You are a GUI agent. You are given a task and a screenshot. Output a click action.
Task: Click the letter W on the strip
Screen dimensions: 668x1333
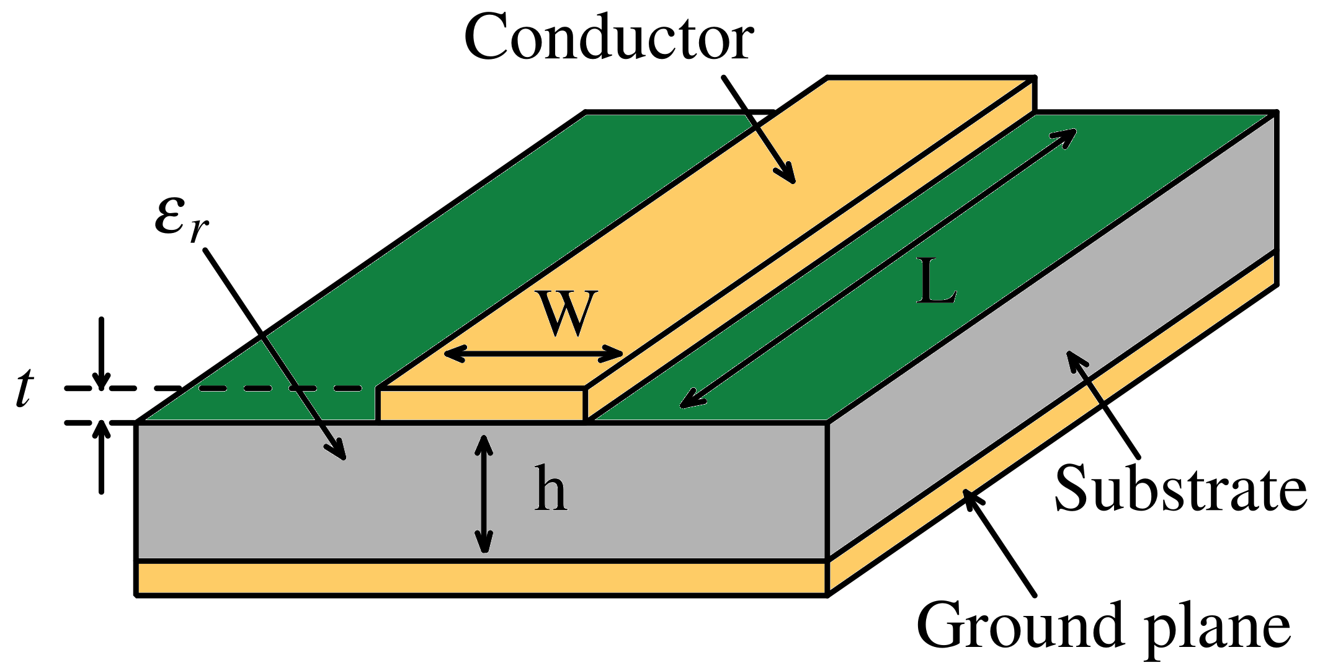pyautogui.click(x=568, y=314)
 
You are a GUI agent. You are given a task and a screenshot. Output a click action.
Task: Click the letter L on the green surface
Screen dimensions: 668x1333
pyautogui.click(x=935, y=282)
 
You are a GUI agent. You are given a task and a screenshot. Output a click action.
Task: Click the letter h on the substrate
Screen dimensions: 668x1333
pyautogui.click(x=551, y=490)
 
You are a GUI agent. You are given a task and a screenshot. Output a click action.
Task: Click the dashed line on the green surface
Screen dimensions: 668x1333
pyautogui.click(x=279, y=389)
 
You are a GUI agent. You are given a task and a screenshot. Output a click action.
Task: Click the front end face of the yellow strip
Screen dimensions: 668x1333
pyautogui.click(x=481, y=404)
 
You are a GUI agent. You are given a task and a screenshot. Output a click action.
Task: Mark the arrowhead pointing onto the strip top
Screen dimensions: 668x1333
pyautogui.click(x=788, y=176)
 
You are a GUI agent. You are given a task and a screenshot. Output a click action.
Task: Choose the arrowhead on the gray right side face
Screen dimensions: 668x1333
pyautogui.click(x=1072, y=357)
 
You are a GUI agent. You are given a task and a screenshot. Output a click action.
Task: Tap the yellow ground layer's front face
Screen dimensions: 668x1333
pyautogui.click(x=481, y=578)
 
